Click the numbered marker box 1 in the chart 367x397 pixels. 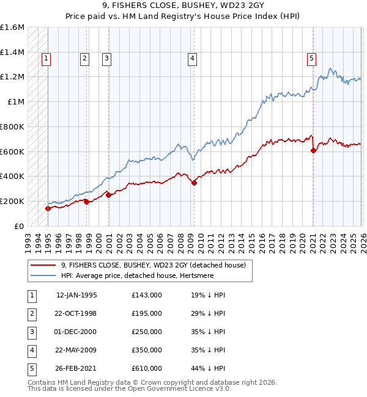46,59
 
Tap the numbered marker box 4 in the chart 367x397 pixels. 192,59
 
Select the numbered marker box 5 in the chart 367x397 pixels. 311,59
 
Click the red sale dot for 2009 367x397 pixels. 194,182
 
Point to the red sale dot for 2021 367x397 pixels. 313,150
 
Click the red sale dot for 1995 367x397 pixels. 48,208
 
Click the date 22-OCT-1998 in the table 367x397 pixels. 76,313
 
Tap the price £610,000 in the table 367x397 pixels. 147,368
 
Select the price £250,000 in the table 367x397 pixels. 147,332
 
